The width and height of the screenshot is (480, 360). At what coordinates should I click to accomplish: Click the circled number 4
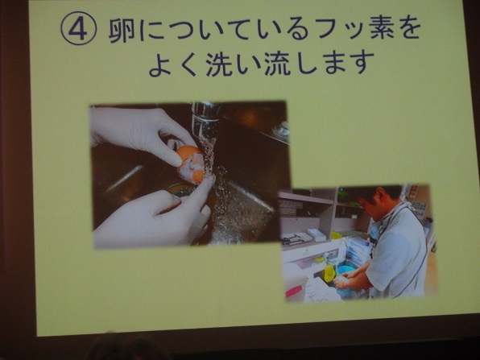[x=79, y=28]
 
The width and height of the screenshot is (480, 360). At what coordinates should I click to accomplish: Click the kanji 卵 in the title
[x=122, y=31]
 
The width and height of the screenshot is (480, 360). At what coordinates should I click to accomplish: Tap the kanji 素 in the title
[x=381, y=28]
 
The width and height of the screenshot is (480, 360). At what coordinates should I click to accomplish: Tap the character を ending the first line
[x=409, y=28]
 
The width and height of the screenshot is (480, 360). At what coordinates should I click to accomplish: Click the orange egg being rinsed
[x=190, y=163]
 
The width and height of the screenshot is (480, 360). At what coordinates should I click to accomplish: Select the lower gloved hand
[x=153, y=214]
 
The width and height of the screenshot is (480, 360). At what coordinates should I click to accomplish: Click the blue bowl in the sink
[x=345, y=270]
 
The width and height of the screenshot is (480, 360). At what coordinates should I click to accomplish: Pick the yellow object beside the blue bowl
[x=329, y=272]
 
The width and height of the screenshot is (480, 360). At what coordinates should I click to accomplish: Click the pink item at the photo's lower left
[x=294, y=292]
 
